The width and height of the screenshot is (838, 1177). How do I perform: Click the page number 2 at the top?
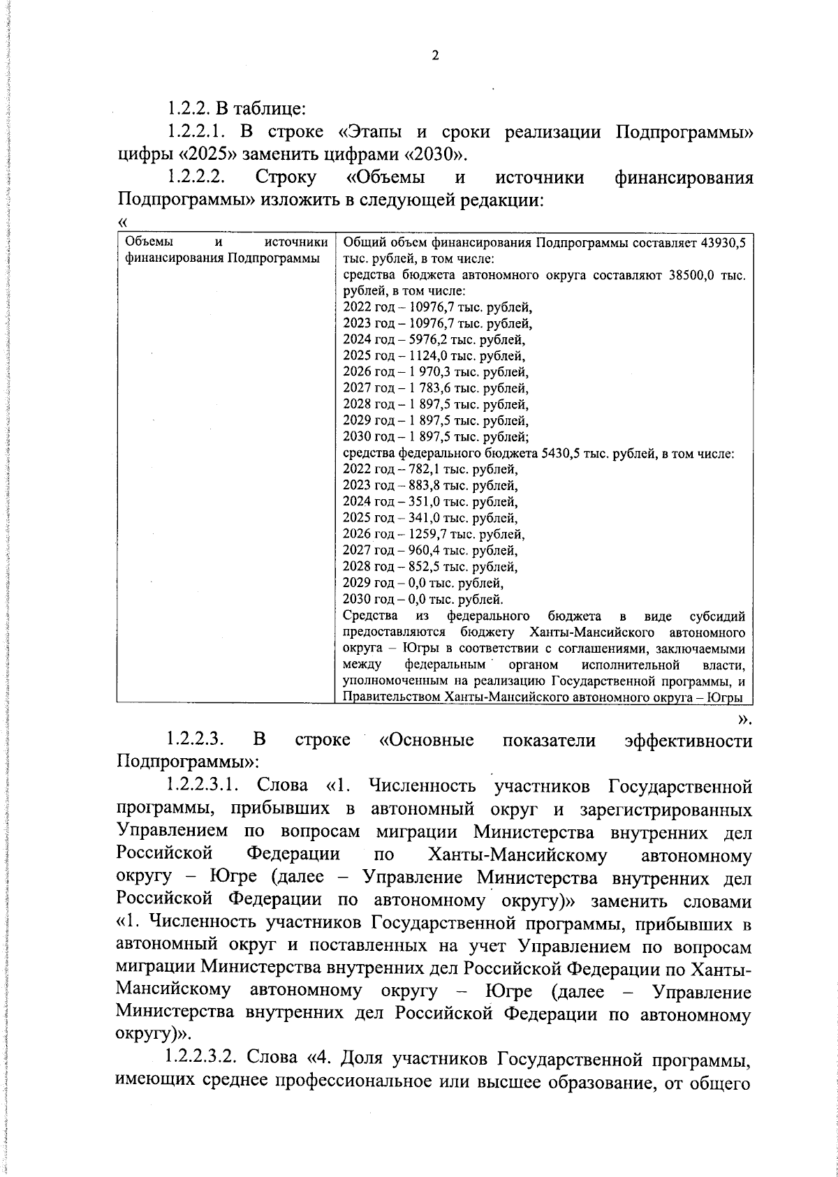[x=434, y=55]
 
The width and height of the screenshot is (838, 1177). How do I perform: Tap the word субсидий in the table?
[x=716, y=616]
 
